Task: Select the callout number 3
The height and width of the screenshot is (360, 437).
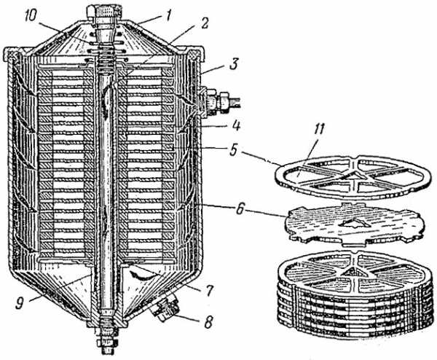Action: [x=233, y=64]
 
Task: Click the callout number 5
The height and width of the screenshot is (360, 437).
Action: [x=233, y=150]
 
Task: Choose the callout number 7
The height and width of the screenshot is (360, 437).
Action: [x=209, y=290]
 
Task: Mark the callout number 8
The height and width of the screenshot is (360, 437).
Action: [x=208, y=322]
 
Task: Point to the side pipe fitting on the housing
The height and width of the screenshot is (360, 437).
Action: [x=220, y=102]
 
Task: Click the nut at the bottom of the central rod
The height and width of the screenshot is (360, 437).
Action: [x=106, y=342]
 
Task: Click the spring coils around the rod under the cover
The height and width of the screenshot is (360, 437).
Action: [x=106, y=56]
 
